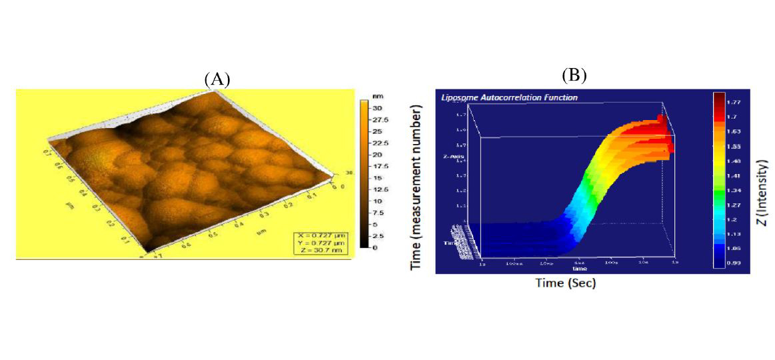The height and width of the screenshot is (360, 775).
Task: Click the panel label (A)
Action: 217,79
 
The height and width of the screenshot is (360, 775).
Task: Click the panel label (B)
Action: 574,75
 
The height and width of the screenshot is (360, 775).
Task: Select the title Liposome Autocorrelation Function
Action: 509,97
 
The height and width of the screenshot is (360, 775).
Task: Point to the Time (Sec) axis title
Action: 566,283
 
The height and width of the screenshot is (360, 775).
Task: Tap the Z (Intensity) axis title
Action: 764,193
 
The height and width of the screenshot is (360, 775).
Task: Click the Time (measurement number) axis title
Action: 418,187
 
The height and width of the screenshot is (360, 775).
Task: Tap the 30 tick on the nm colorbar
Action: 376,107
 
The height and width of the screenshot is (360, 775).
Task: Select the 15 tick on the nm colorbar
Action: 376,177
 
